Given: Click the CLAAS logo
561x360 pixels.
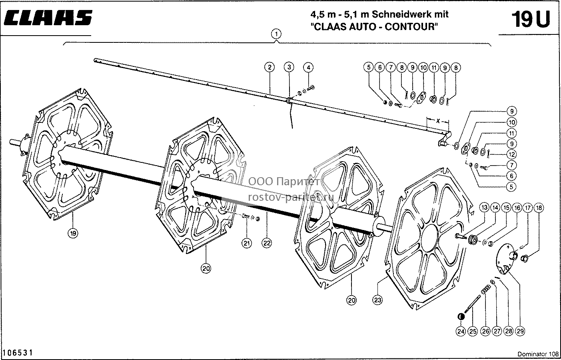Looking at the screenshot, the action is pyautogui.click(x=48, y=18).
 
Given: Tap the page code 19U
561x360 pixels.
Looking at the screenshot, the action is pyautogui.click(x=531, y=19).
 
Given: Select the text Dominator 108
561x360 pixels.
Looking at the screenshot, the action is pyautogui.click(x=538, y=354).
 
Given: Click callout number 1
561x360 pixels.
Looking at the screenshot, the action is pyautogui.click(x=276, y=34).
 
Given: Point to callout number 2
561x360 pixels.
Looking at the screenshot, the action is pyautogui.click(x=270, y=67).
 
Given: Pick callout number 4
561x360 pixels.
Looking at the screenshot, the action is pyautogui.click(x=308, y=67).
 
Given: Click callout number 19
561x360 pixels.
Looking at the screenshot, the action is pyautogui.click(x=73, y=234).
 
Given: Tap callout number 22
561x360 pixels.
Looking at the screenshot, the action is pyautogui.click(x=267, y=243).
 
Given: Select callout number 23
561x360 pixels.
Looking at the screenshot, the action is pyautogui.click(x=377, y=300).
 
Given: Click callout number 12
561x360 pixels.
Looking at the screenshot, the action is pyautogui.click(x=512, y=154).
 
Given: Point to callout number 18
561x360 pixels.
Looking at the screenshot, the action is pyautogui.click(x=539, y=208).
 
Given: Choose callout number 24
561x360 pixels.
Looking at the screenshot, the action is pyautogui.click(x=461, y=331).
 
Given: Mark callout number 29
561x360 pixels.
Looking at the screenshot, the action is pyautogui.click(x=520, y=331).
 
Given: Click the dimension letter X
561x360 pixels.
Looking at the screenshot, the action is pyautogui.click(x=438, y=121).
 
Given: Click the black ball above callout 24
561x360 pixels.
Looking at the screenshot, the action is pyautogui.click(x=461, y=317).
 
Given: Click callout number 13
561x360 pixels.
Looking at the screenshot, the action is pyautogui.click(x=484, y=208).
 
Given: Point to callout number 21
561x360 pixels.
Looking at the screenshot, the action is pyautogui.click(x=247, y=243).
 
